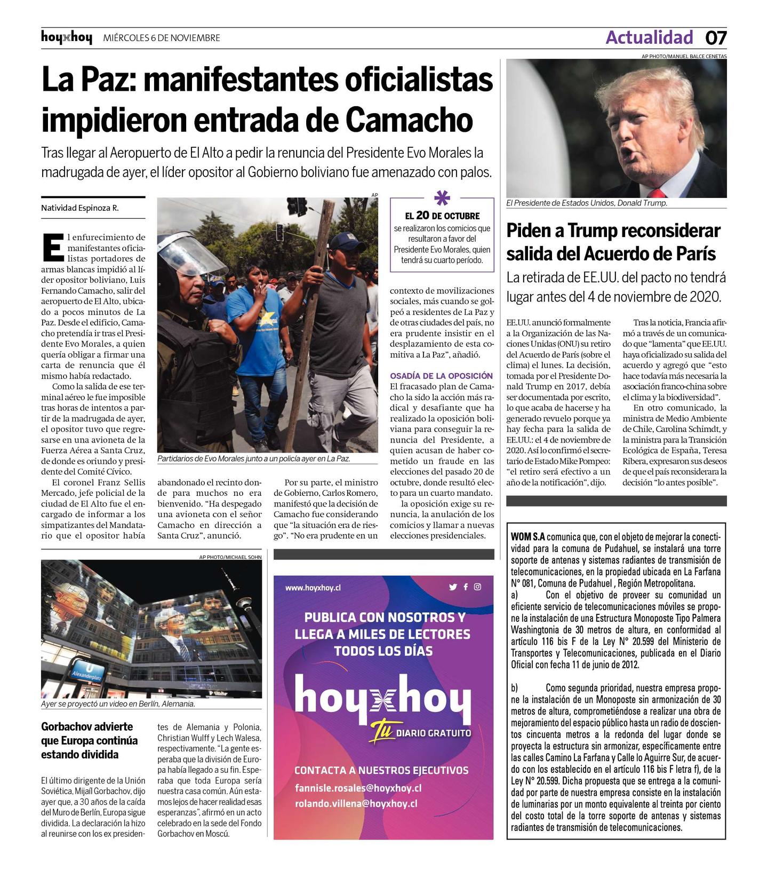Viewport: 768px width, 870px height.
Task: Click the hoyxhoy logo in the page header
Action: coord(67,38)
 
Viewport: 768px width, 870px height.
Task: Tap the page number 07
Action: coord(716,38)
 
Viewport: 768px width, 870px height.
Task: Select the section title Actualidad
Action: coord(649,37)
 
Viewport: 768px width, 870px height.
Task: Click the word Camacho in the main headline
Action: coord(409,120)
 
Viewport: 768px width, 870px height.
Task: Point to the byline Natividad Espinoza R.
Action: coord(80,208)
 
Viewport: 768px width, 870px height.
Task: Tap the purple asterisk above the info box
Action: coord(442,198)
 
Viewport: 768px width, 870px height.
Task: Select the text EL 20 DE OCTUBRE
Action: coord(442,216)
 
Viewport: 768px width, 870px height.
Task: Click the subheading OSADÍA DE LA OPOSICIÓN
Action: coord(441,376)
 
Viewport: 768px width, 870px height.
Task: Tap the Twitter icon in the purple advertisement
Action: coord(453,587)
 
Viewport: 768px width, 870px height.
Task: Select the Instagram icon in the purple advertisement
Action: coord(477,587)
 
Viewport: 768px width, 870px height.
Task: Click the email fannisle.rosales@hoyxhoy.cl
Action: coord(358,788)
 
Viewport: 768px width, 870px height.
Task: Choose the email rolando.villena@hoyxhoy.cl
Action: coord(356,803)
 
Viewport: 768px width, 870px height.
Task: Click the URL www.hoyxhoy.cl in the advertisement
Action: coord(313,588)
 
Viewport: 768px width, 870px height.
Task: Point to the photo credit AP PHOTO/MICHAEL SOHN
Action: coord(230,557)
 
